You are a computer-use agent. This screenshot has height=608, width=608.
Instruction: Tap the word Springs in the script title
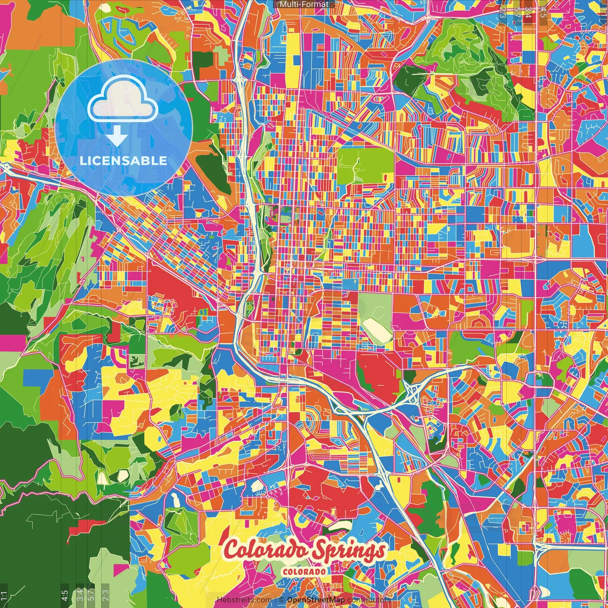click(x=350, y=551)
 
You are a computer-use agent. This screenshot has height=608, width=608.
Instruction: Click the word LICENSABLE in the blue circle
click(x=123, y=161)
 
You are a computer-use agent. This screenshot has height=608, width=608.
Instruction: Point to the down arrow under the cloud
click(x=117, y=138)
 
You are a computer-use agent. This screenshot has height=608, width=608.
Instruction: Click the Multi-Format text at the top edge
click(x=304, y=4)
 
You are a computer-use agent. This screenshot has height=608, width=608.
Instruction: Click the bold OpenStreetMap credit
click(x=315, y=600)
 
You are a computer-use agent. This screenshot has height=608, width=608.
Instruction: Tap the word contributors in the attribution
click(x=369, y=600)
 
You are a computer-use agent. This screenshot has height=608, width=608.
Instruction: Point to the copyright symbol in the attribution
click(x=282, y=600)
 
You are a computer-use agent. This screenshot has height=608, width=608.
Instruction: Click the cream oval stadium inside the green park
click(x=377, y=328)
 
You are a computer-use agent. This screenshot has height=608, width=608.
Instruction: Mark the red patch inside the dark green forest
click(x=85, y=525)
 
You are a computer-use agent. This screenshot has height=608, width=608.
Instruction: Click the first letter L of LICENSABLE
click(x=83, y=161)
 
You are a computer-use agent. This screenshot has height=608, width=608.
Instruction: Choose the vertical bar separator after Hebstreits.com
click(x=275, y=600)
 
